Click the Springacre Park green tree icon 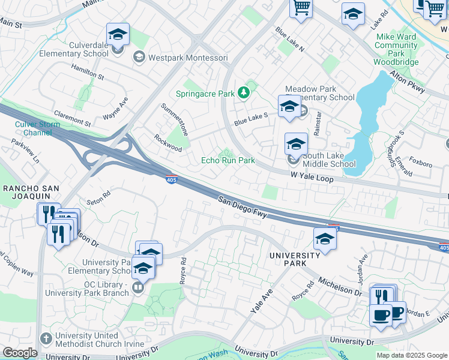pyautogui.click(x=244, y=92)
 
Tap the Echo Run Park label pyautogui.click(x=228, y=160)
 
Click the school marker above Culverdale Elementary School pyautogui.click(x=118, y=35)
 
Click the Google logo pyautogui.click(x=20, y=353)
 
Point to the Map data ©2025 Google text pyautogui.click(x=412, y=355)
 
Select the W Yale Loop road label pyautogui.click(x=312, y=178)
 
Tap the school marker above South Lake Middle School pyautogui.click(x=296, y=144)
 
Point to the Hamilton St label pyautogui.click(x=88, y=73)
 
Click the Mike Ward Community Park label pyautogui.click(x=396, y=49)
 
